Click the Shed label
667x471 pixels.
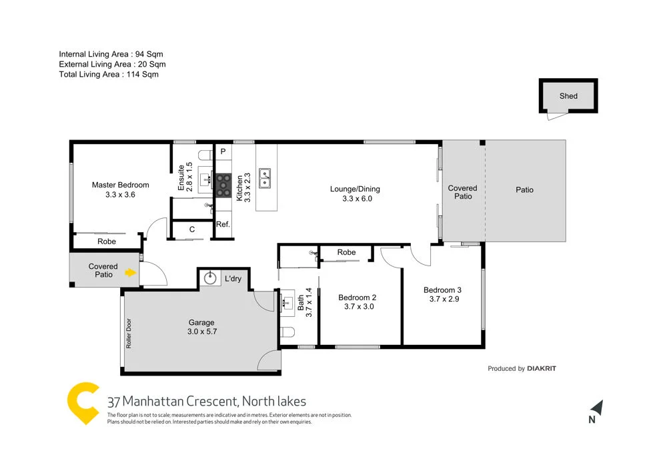(x=568, y=96)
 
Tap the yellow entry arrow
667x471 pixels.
(x=131, y=272)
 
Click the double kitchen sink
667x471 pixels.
(x=265, y=177)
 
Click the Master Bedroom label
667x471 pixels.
(x=120, y=185)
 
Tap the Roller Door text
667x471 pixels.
(x=128, y=334)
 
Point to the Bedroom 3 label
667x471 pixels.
(x=442, y=290)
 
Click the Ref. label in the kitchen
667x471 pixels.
(x=223, y=225)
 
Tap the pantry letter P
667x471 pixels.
(x=223, y=151)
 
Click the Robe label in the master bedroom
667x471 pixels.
(x=107, y=242)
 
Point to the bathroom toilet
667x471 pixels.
(x=287, y=332)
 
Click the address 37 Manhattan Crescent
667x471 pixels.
(x=173, y=402)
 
